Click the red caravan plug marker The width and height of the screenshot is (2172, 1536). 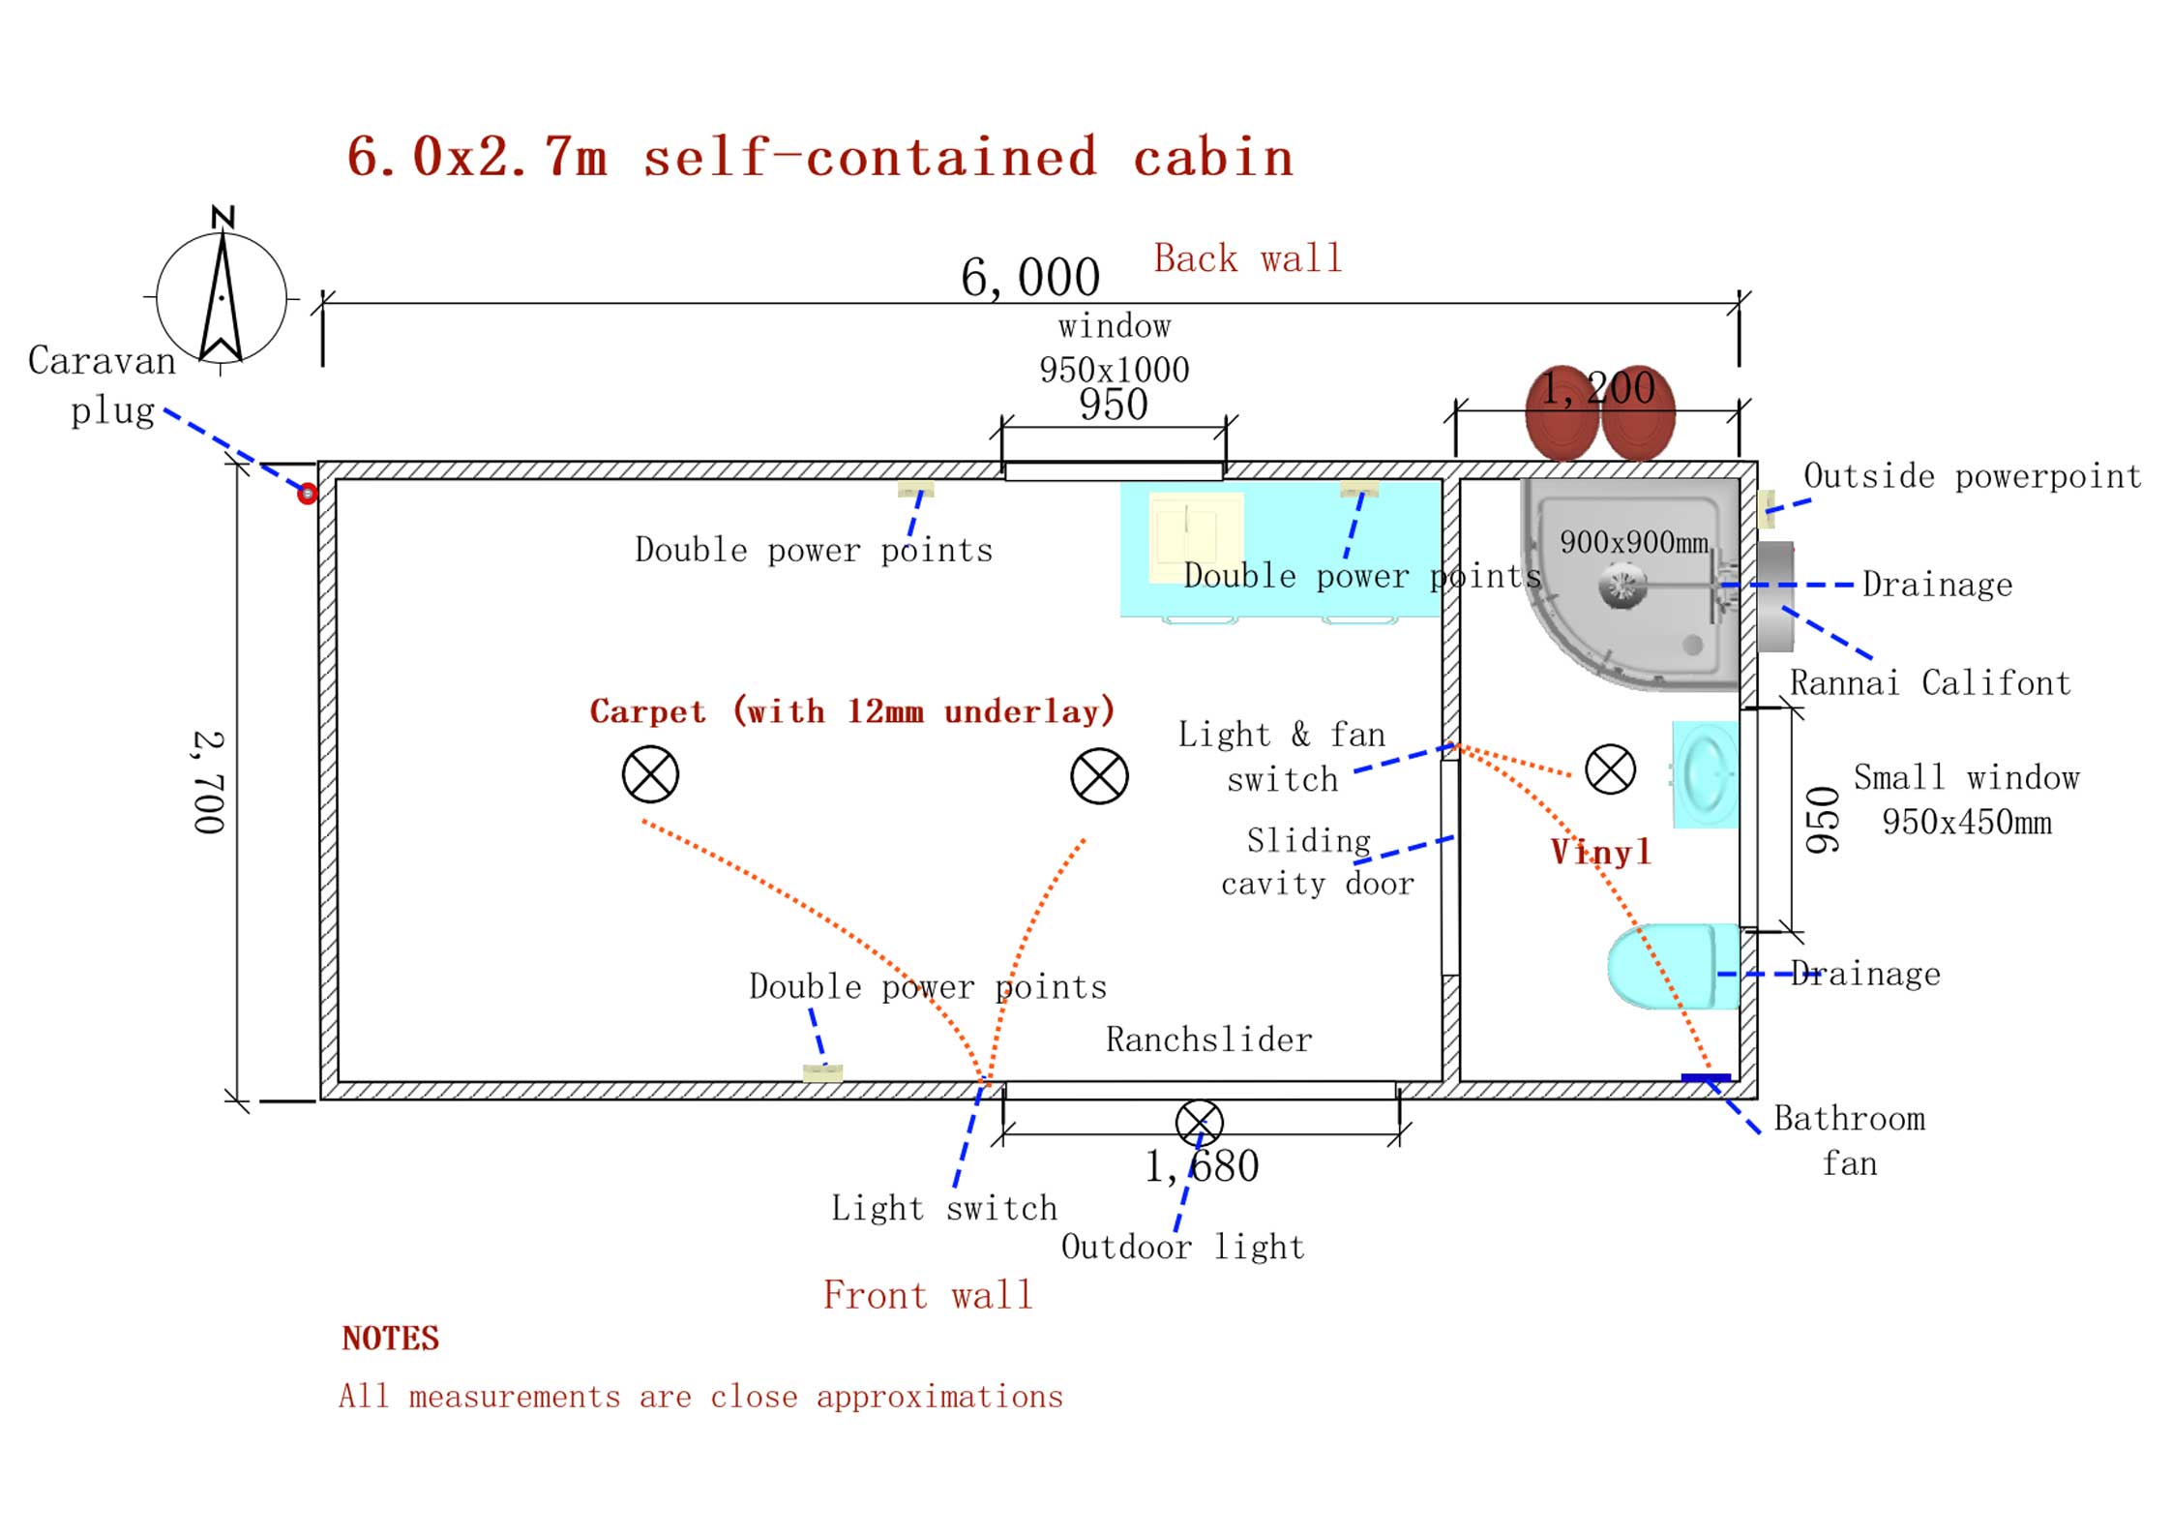tap(307, 494)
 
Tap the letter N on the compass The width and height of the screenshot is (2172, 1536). tap(223, 217)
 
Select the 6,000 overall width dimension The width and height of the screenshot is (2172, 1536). tap(1030, 278)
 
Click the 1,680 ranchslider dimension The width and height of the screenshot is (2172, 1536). tap(1202, 1166)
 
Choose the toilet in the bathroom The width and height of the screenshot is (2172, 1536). tap(1673, 966)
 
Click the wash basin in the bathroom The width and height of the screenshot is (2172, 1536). tap(1705, 774)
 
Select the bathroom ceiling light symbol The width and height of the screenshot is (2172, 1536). tap(1610, 769)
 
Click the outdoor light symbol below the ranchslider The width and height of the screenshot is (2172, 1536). tap(1200, 1123)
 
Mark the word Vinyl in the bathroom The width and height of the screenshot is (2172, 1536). tap(1601, 852)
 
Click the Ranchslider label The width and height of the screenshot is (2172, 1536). tap(1209, 1039)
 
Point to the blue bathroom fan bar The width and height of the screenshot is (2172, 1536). tap(1706, 1077)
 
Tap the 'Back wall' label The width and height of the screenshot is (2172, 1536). tap(1248, 258)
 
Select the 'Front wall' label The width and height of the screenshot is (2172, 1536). tap(928, 1295)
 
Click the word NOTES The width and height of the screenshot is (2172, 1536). tap(391, 1339)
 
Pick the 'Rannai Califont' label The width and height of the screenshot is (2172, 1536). tap(1930, 683)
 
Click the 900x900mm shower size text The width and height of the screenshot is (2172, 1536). tap(1634, 542)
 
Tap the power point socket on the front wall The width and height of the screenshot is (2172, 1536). tap(822, 1072)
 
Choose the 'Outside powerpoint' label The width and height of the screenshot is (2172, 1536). tap(1973, 476)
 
